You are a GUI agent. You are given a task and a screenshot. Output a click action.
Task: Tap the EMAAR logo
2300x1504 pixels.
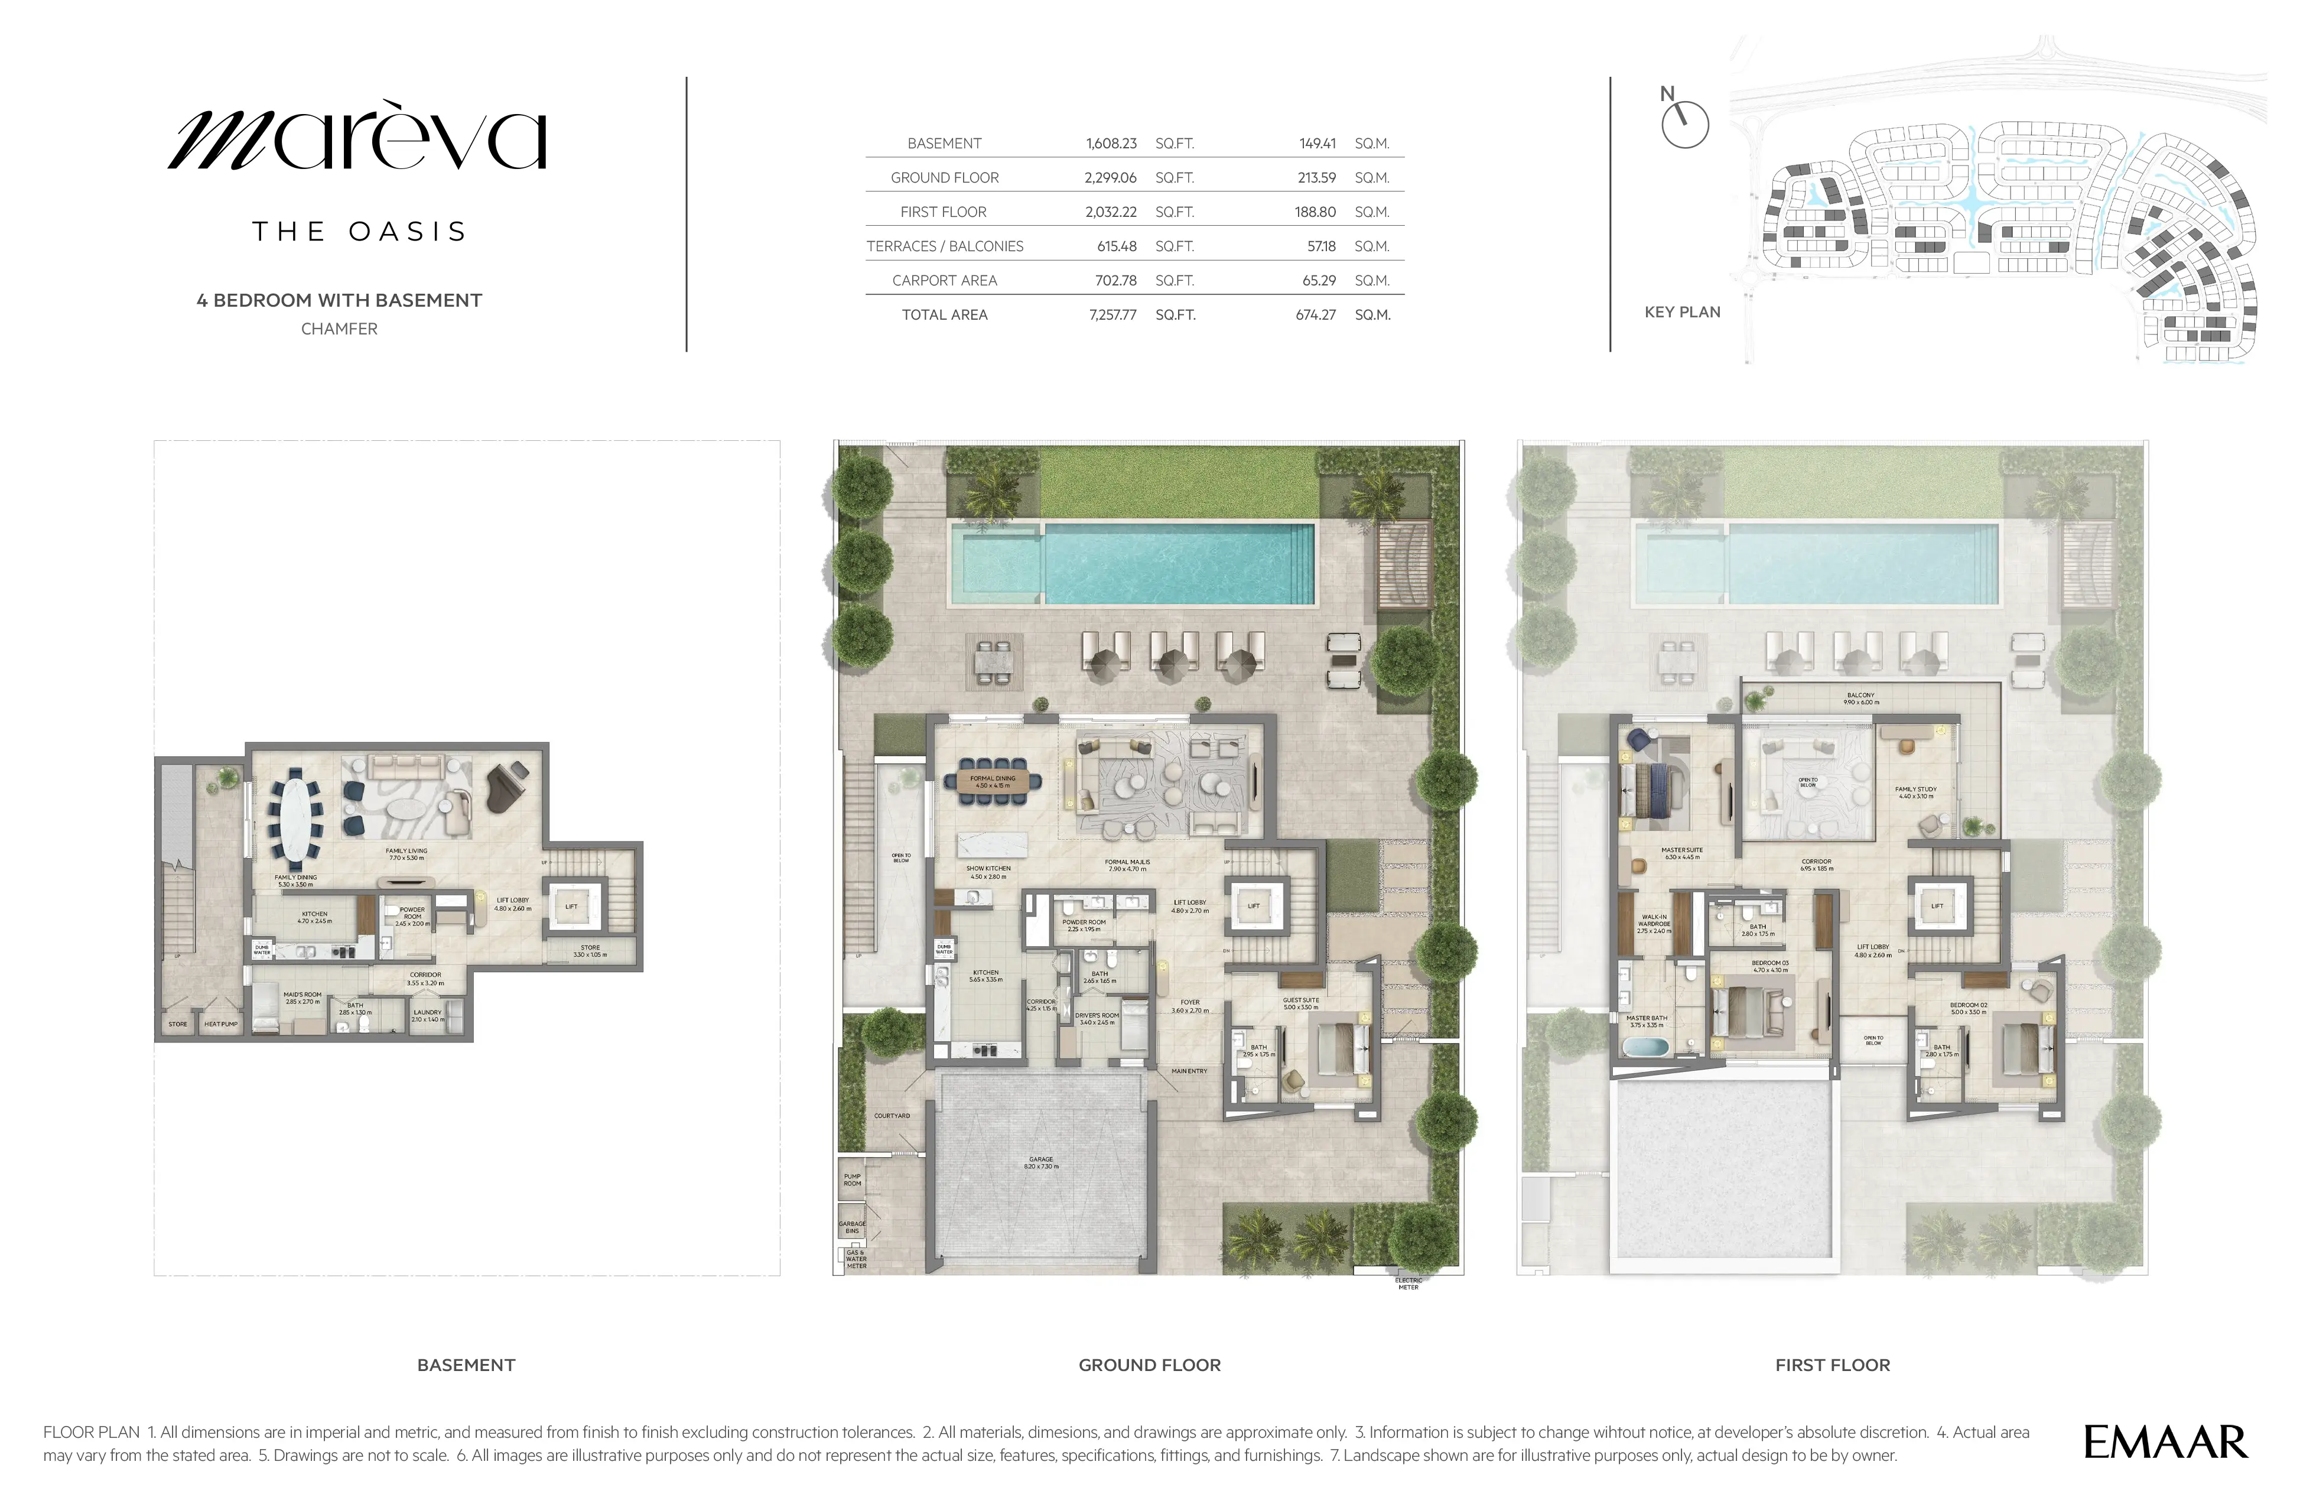pos(2165,1442)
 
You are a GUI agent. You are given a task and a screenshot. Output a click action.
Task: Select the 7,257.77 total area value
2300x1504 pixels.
pos(1112,315)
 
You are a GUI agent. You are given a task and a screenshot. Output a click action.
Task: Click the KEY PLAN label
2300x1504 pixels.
pos(1681,312)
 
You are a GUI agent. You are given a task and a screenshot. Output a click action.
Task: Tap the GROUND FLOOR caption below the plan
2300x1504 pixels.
pos(1149,1365)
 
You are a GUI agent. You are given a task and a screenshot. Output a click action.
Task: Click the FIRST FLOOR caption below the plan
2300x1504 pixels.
pos(1832,1365)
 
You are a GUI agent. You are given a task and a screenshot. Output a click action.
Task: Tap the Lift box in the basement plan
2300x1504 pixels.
pos(571,907)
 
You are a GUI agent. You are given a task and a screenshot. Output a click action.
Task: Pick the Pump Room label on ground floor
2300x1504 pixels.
pos(851,1180)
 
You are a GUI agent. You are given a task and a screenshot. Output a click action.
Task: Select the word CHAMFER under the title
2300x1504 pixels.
pos(339,329)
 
